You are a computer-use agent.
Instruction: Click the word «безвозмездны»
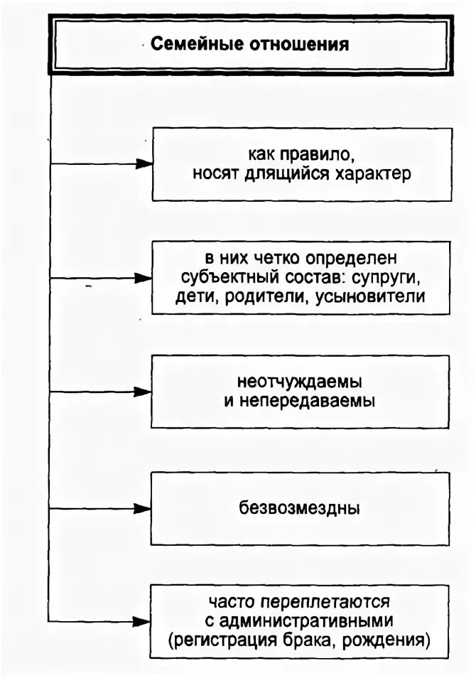(300, 509)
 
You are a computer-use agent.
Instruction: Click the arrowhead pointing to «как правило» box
(144, 164)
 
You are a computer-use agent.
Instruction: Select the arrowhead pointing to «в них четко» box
(144, 278)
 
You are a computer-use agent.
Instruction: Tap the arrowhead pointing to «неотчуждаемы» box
(144, 392)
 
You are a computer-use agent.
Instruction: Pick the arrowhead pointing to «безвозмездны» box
(144, 509)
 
